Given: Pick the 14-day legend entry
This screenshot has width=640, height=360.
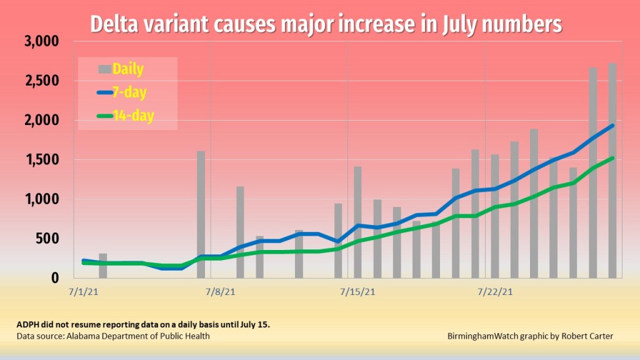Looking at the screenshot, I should pos(125,116).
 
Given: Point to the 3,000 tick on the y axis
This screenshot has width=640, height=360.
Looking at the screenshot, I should pos(41,42).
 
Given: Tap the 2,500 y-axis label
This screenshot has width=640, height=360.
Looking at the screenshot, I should pos(41,81).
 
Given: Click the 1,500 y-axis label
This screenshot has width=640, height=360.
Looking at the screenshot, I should pos(41,160).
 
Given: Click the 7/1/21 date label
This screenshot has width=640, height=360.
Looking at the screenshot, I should pos(82,291).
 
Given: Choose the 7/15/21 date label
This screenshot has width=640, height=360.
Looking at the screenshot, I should pos(357,291).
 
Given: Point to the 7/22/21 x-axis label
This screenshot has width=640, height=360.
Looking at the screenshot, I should pos(496,291).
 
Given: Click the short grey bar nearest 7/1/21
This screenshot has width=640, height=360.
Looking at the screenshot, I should pos(103,265).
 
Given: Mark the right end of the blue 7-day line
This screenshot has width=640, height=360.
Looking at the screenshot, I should pos(612,126).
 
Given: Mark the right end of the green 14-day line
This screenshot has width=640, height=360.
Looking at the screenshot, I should pos(612,158).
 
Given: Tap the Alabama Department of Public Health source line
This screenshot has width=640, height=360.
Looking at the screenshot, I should pos(113,336).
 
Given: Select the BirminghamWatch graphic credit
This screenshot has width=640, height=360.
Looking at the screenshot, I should pos(531,336).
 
